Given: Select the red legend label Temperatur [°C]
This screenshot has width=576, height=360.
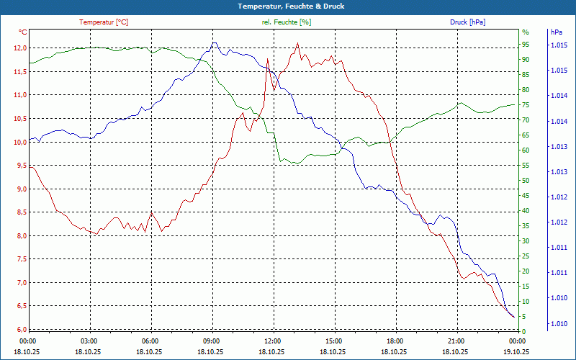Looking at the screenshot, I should [x=104, y=22].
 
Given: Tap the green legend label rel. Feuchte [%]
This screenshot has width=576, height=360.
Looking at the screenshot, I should [x=287, y=22].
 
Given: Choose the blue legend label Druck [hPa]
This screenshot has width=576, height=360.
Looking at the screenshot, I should [x=467, y=22].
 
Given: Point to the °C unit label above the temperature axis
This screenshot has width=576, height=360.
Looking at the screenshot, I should [x=22, y=32].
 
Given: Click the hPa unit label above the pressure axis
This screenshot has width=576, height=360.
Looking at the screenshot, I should [x=556, y=32].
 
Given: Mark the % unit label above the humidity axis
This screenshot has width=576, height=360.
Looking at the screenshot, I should [x=526, y=32].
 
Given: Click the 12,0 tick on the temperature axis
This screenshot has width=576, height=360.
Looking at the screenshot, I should [x=19, y=48].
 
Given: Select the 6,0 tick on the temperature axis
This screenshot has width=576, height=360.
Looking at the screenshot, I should [x=19, y=330].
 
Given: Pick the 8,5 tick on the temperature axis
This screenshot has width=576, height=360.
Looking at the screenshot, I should [x=19, y=212].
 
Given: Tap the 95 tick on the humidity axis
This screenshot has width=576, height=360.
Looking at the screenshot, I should [x=526, y=45].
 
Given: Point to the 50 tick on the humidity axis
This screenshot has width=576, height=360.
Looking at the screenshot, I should [x=526, y=181].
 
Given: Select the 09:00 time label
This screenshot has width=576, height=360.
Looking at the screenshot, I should [x=211, y=341].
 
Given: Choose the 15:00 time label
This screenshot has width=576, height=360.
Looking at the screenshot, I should [x=333, y=341].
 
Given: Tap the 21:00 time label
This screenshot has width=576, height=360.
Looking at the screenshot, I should [x=456, y=341].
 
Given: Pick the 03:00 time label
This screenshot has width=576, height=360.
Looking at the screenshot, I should [x=89, y=341].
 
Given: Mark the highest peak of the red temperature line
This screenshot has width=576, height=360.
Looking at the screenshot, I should [x=297, y=43].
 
